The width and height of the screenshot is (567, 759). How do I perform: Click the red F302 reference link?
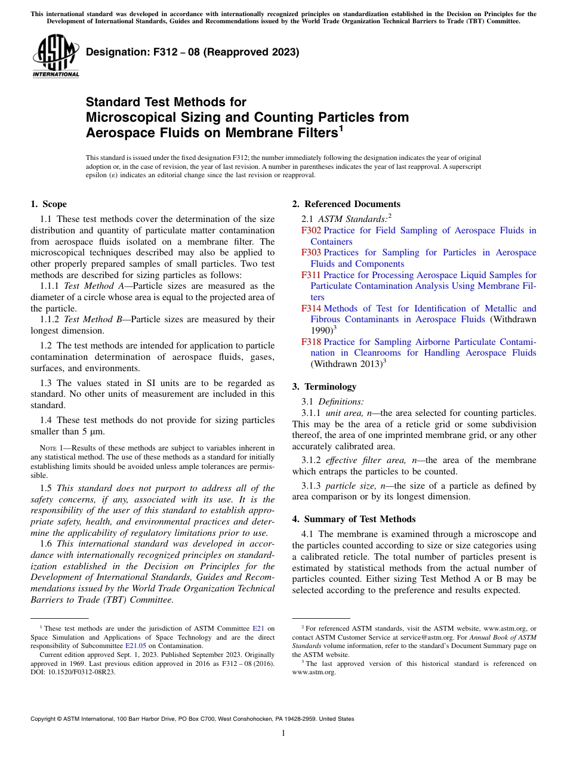[311, 230]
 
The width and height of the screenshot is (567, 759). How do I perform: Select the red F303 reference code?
[311, 252]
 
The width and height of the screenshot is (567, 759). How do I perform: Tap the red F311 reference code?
[311, 275]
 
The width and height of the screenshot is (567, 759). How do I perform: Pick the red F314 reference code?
[311, 308]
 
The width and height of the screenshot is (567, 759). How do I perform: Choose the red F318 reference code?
[311, 342]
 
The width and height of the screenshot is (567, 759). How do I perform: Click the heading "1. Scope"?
[49, 204]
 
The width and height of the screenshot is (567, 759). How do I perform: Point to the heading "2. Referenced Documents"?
[346, 204]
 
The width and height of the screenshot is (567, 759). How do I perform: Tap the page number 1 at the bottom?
[283, 733]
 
